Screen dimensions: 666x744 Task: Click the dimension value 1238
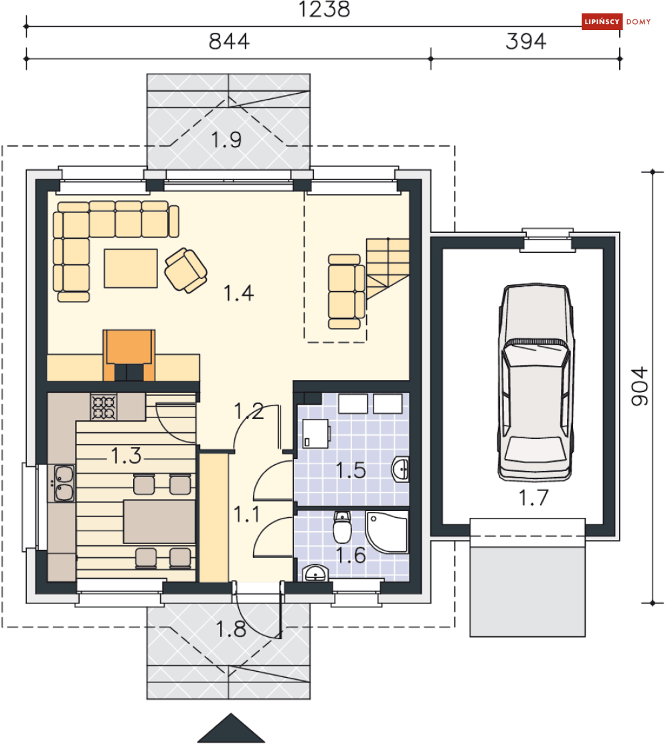click(x=324, y=9)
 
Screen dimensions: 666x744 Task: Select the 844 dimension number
click(x=229, y=41)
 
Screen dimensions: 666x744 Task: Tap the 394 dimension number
click(x=525, y=41)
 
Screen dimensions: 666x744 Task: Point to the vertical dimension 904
click(x=639, y=386)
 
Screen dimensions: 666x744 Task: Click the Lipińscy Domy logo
click(x=616, y=21)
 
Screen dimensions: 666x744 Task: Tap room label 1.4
click(x=238, y=293)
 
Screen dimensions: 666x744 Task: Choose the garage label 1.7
click(x=533, y=498)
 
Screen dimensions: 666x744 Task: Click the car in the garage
click(x=536, y=383)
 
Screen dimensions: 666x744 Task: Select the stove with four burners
click(x=104, y=407)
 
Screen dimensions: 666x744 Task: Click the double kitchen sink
click(x=64, y=483)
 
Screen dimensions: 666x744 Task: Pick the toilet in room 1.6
click(x=342, y=527)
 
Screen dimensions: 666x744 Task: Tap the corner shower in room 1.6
click(x=388, y=531)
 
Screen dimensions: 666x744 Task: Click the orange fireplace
click(x=129, y=355)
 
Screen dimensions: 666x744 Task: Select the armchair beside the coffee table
click(x=185, y=270)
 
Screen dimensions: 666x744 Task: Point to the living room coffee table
click(x=131, y=268)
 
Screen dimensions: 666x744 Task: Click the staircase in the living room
click(x=388, y=268)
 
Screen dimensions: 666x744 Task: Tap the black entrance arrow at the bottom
click(x=231, y=729)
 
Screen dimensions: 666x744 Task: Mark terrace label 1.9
click(x=226, y=140)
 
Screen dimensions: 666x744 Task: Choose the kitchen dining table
click(x=159, y=521)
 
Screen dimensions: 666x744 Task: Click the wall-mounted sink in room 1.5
click(x=401, y=470)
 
